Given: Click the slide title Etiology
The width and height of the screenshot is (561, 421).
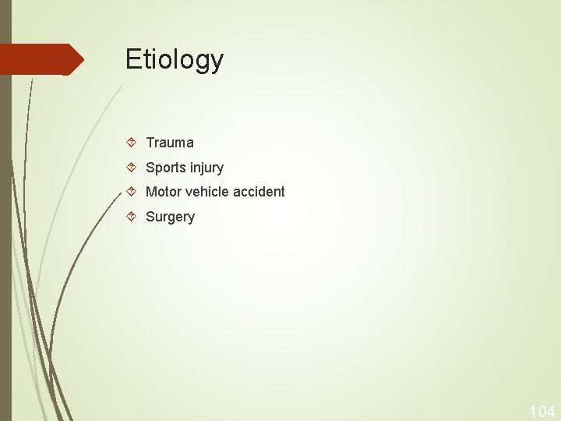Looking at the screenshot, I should [x=175, y=60].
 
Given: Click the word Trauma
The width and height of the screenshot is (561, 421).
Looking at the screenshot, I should [x=170, y=143].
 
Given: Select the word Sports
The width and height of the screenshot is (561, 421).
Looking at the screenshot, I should [x=166, y=168].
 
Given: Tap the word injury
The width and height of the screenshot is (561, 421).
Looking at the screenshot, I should [x=206, y=168].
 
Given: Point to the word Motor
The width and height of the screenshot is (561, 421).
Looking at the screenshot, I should [x=162, y=192].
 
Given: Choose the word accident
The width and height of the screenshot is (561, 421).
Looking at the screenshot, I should [x=259, y=192].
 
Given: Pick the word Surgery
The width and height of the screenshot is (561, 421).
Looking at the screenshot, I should [x=170, y=217].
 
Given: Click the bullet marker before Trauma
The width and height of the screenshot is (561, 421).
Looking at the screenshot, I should [x=132, y=143].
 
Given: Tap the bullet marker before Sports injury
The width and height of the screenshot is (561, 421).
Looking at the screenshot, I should [x=132, y=168].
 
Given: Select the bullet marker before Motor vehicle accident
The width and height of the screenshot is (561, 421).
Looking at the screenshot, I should [x=132, y=192].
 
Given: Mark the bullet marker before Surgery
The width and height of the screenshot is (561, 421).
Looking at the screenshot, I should [x=132, y=217].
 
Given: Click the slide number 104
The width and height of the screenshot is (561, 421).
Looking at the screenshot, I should [x=542, y=411].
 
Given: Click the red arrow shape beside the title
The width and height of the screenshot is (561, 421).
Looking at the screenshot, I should [x=39, y=59].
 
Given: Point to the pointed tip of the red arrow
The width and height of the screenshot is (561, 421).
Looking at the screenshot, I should [x=83, y=59].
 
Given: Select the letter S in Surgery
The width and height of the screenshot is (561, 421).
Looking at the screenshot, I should [x=150, y=217].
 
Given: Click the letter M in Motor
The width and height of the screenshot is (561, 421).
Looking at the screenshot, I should [x=151, y=192].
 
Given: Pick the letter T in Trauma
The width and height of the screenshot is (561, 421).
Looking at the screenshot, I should [x=150, y=143].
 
